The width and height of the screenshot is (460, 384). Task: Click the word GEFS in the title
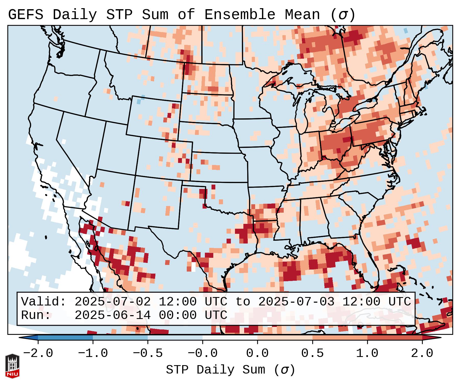pyautogui.click(x=26, y=15)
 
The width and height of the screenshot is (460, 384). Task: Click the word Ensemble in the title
pyautogui.click(x=240, y=15)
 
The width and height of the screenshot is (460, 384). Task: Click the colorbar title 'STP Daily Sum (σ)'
pyautogui.click(x=230, y=370)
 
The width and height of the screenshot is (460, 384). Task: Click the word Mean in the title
pyautogui.click(x=302, y=15)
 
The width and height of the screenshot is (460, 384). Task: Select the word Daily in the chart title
pyautogui.click(x=75, y=15)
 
